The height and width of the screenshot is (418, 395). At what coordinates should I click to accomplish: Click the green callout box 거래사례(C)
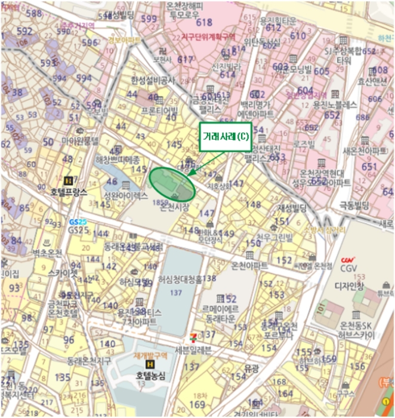[x=226, y=137]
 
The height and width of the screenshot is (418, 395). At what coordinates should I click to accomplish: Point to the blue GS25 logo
[x=78, y=222]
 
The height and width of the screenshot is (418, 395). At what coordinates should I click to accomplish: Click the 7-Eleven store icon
[x=192, y=339]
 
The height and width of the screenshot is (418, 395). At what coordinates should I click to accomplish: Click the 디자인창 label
[x=352, y=285]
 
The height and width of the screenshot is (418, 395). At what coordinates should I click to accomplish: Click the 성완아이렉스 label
[x=125, y=195]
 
